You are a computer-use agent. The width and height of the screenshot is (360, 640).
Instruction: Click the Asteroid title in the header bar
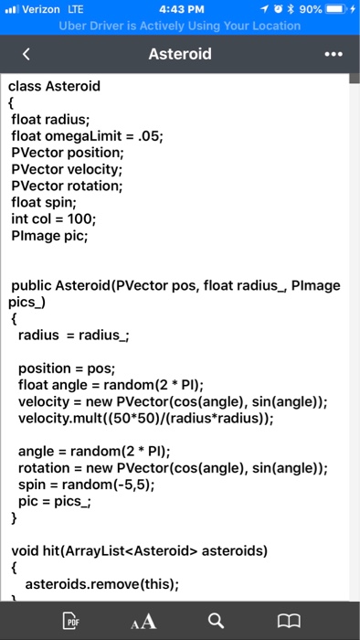click(x=180, y=55)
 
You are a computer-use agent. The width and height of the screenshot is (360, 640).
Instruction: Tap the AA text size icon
click(x=143, y=621)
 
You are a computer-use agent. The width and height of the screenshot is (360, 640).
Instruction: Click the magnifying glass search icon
click(x=214, y=621)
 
